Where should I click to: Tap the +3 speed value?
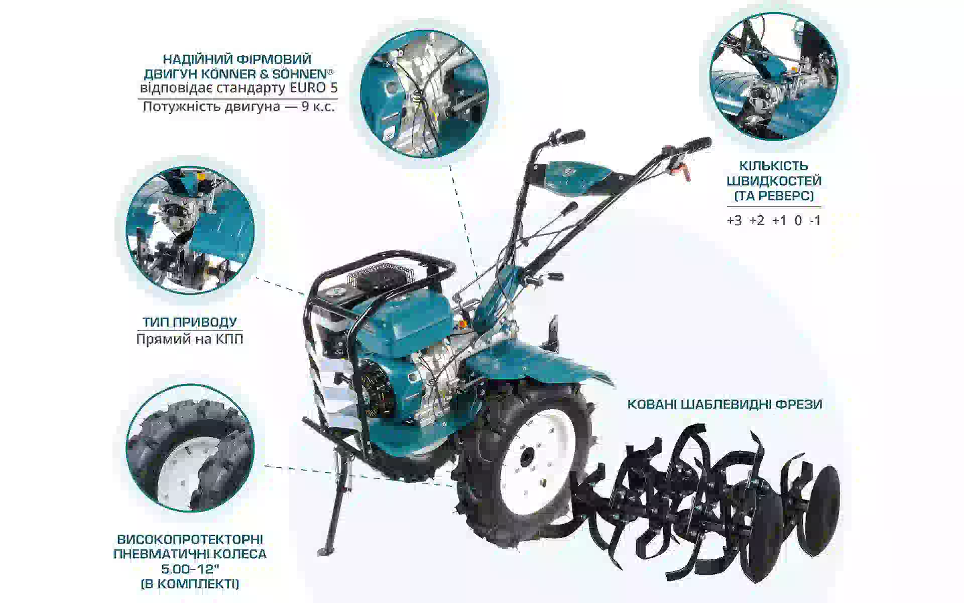point(734,221)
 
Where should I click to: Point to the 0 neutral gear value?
point(798,221)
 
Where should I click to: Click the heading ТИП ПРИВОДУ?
point(189,322)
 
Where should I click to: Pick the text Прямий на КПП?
point(190,339)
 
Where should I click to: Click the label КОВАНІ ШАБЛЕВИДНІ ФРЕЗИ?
point(725,404)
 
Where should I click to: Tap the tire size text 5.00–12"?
point(190,569)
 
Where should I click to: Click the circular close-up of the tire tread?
point(190,448)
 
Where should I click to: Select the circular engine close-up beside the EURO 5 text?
point(425,93)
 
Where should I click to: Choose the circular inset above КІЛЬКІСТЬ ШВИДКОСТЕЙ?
point(773,76)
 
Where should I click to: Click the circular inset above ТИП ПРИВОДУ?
point(190,231)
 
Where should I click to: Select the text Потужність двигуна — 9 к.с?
point(239,107)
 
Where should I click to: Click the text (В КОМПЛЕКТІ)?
point(190,584)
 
